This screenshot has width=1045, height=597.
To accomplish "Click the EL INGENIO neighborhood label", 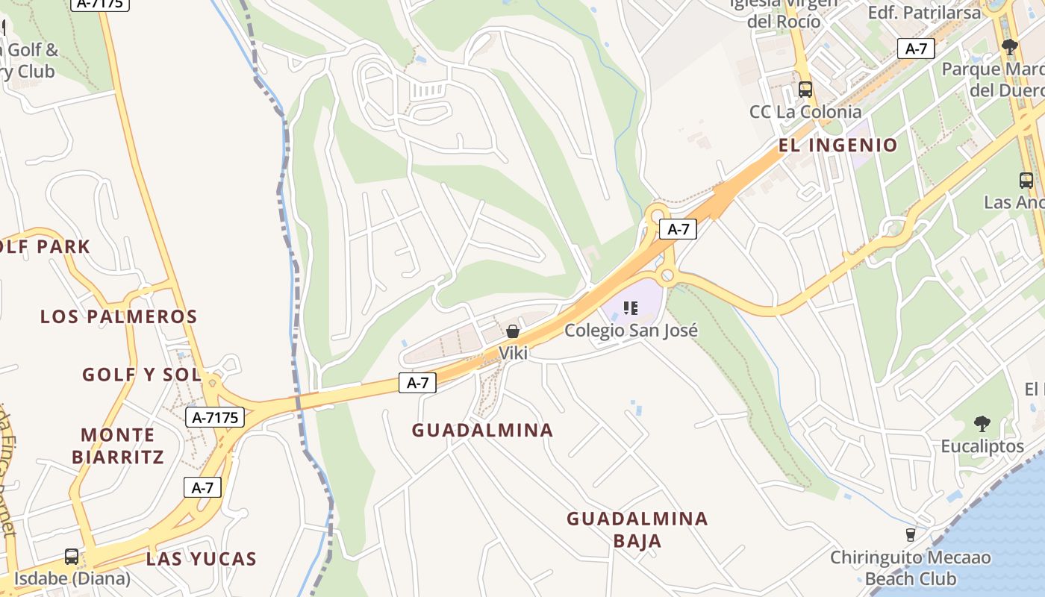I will (837, 145).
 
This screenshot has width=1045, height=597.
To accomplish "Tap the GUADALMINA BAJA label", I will (637, 529).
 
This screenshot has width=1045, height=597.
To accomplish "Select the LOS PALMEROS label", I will (119, 316).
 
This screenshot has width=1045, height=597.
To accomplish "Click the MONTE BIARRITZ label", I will (118, 446).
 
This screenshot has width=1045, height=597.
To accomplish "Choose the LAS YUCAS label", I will (202, 559).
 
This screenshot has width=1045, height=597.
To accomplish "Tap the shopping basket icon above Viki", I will (513, 331).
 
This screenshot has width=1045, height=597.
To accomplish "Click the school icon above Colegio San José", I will (631, 307).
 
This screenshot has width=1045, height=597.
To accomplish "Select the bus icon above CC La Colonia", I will (805, 90).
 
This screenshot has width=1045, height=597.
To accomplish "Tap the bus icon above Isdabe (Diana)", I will (72, 557).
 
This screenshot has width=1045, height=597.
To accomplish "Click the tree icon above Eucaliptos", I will (982, 424).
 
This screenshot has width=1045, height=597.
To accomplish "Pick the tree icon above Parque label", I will (1010, 47).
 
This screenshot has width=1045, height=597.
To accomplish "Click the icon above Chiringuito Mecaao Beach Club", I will (910, 534).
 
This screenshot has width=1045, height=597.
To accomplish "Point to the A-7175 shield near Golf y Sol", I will (215, 418).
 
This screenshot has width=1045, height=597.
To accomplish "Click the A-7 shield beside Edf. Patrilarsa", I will (916, 49).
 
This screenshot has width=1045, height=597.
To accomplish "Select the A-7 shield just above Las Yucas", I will (202, 488).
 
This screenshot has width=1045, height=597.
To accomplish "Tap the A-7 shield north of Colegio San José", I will (678, 229).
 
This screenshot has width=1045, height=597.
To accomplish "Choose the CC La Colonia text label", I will (805, 112).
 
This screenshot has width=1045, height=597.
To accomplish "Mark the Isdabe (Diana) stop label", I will (72, 578).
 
